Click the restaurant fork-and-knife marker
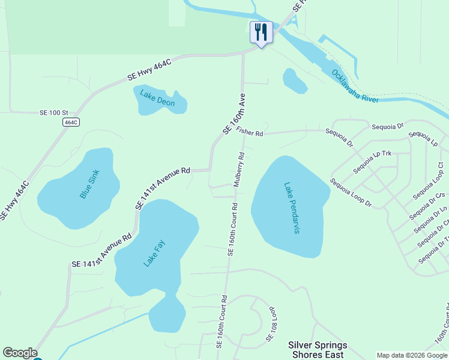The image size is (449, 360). point(261,32)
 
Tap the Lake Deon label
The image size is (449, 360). point(157,98)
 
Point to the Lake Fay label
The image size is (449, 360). point(154,254)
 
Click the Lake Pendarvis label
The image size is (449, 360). point(292,208)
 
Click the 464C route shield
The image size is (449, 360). point(71,122)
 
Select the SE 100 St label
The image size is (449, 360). point(55,112)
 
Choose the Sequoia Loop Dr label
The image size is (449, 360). point(351,193)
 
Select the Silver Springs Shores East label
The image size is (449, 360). point(318,349)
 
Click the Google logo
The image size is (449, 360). point(20,353)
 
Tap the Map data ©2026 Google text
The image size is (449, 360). point(412,355)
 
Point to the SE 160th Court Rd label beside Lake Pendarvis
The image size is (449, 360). point(232,230)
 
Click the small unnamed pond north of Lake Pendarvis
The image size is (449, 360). point(294,81)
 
